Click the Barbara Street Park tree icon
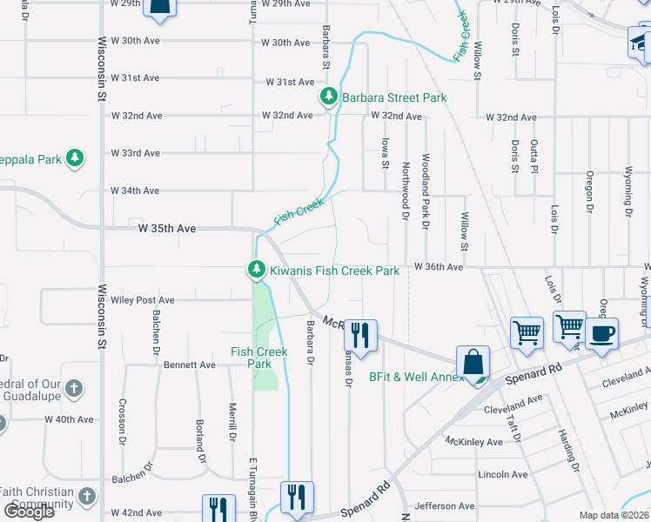328,97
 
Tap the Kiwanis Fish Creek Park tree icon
256,271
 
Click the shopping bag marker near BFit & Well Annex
473,362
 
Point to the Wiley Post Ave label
143,300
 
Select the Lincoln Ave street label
503,474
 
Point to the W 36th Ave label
438,267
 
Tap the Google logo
29,512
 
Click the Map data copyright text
614,515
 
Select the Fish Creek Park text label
259,358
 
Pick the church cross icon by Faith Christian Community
85,496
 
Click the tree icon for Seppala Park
76,158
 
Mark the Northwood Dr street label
406,191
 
